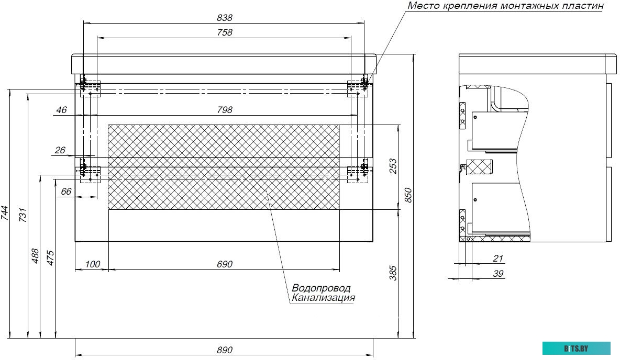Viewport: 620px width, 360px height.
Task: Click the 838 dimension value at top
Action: pyautogui.click(x=224, y=17)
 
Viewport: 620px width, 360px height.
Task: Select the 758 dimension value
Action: pyautogui.click(x=224, y=32)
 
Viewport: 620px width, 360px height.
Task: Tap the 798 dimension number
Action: pyautogui.click(x=224, y=110)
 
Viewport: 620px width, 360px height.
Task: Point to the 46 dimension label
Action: pyautogui.click(x=61, y=110)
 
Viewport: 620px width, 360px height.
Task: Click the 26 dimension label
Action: pyautogui.click(x=60, y=150)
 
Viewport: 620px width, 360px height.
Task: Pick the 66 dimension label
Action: pyautogui.click(x=66, y=192)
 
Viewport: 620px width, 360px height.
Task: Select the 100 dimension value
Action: pyautogui.click(x=92, y=264)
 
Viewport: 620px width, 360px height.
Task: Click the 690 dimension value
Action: pyautogui.click(x=224, y=264)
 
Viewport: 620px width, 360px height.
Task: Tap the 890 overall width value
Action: pyautogui.click(x=224, y=350)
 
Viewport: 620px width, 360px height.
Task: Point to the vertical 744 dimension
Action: pyautogui.click(x=5, y=212)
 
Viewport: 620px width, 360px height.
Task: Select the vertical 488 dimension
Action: pyautogui.click(x=35, y=255)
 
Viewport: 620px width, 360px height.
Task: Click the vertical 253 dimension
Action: pyautogui.click(x=393, y=166)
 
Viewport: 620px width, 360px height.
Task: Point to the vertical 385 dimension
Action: pyautogui.click(x=393, y=273)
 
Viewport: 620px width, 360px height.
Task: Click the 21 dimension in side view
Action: pyautogui.click(x=498, y=258)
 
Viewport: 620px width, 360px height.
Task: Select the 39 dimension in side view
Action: pyautogui.click(x=498, y=273)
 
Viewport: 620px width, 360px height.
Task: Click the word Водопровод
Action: pyautogui.click(x=321, y=288)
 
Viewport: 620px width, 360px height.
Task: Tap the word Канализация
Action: pyautogui.click(x=323, y=298)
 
